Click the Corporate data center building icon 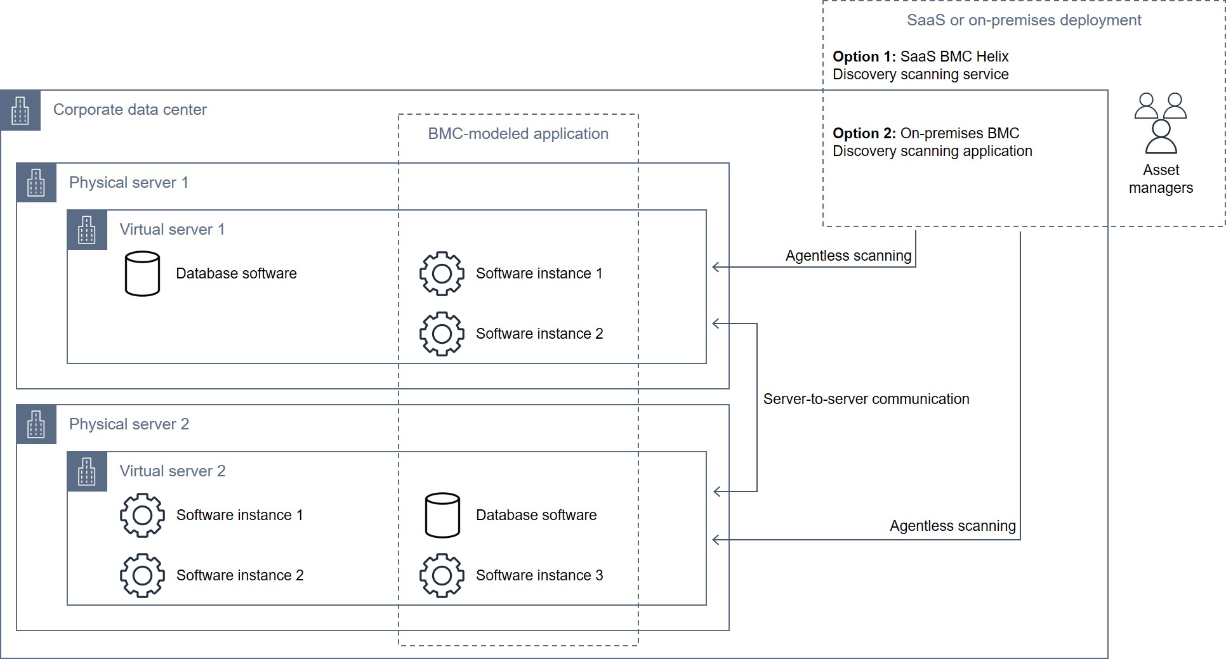[x=20, y=110]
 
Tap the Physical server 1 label [x=128, y=183]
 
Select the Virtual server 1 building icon [x=87, y=230]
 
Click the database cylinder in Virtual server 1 [x=142, y=273]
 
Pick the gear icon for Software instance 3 [x=442, y=575]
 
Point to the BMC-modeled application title [x=518, y=134]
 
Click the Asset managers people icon [x=1161, y=123]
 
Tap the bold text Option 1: [x=864, y=56]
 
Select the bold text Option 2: [x=864, y=133]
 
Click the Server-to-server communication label [x=866, y=399]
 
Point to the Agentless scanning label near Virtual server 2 [x=952, y=526]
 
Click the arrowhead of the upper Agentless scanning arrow [x=715, y=267]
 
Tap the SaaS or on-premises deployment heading [x=1024, y=20]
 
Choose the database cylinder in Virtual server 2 [x=442, y=515]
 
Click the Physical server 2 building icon [x=36, y=424]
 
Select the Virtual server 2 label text [x=172, y=471]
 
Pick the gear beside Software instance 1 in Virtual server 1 [x=442, y=273]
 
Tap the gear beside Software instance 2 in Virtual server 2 [x=142, y=575]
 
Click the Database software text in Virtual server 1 [x=236, y=273]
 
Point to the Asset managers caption [x=1161, y=179]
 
